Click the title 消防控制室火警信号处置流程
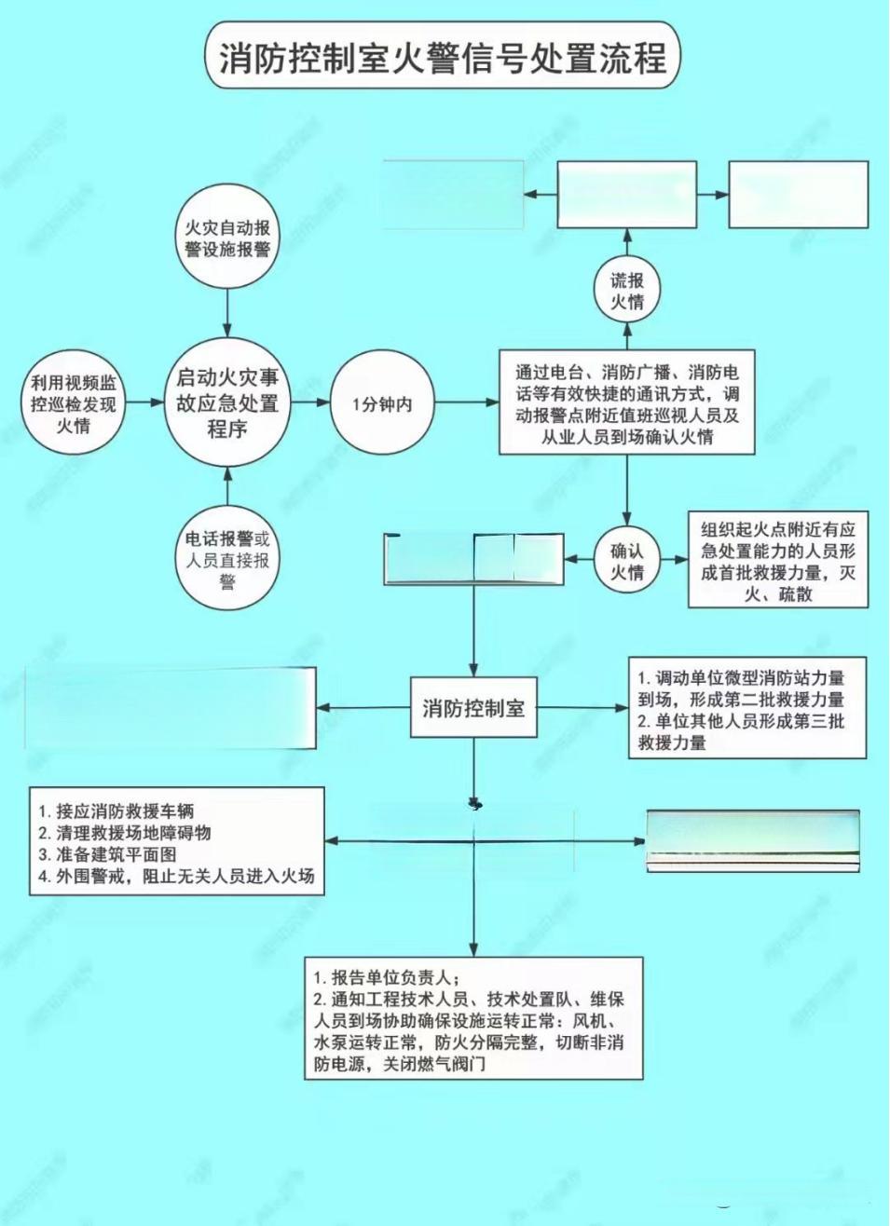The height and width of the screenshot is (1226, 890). coord(443,58)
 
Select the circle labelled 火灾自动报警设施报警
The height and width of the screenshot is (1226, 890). coord(227,238)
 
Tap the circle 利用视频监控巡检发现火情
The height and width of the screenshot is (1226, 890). coord(74,404)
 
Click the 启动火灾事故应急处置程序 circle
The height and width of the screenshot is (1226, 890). coord(227,403)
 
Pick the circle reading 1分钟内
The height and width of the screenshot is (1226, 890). coord(382,404)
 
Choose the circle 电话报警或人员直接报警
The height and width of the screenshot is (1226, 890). coord(227,560)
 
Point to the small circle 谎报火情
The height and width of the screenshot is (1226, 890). coord(627,292)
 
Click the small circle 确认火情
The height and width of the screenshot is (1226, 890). coord(627,561)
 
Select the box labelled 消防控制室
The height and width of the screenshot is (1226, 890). coord(473,708)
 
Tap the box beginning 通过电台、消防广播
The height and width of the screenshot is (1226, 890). coord(627,403)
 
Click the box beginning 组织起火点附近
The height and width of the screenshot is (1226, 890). coord(778,561)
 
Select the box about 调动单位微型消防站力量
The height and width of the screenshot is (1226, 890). coord(747,710)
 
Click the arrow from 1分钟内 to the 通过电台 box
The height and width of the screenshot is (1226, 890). coord(467,403)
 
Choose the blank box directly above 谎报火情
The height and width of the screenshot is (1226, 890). coord(627,195)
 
